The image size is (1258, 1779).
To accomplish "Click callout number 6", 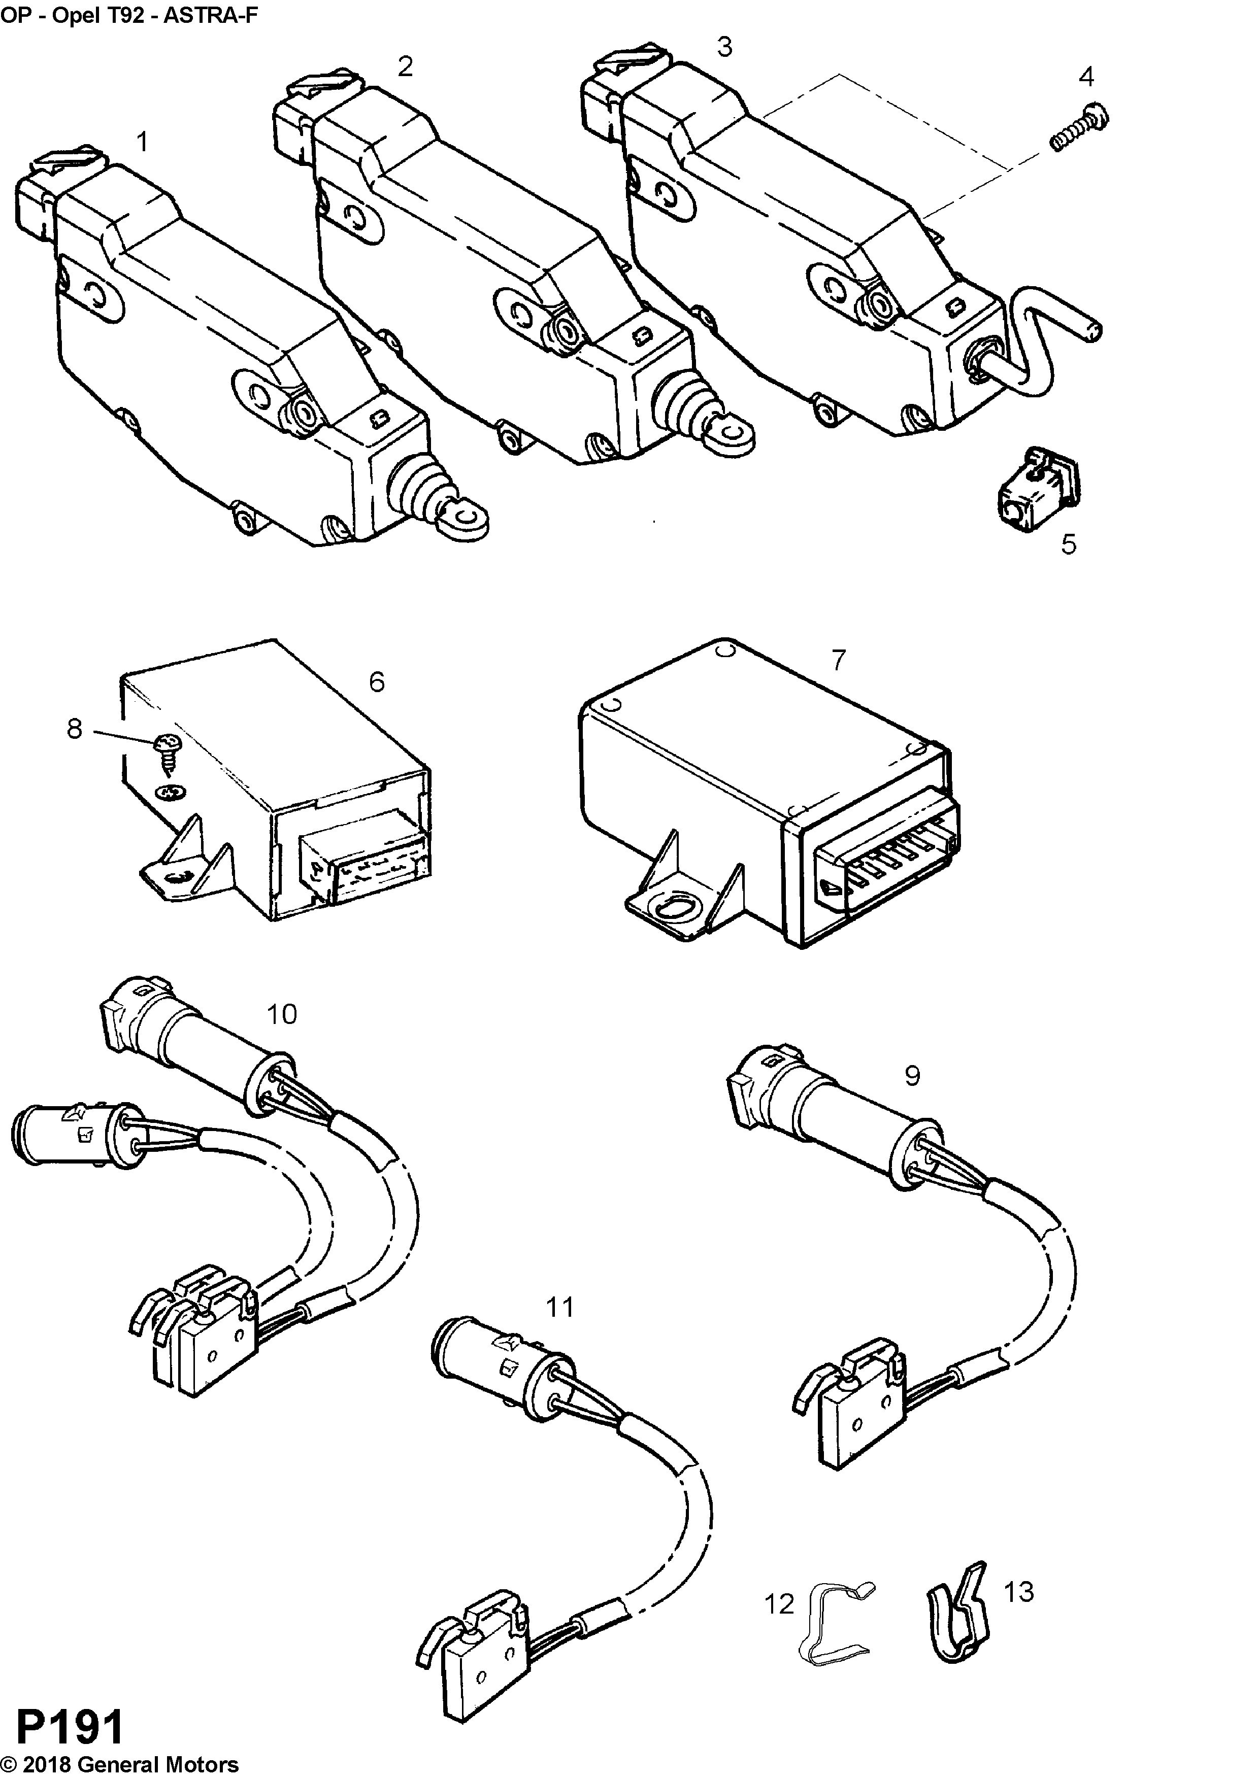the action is click(x=377, y=682).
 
